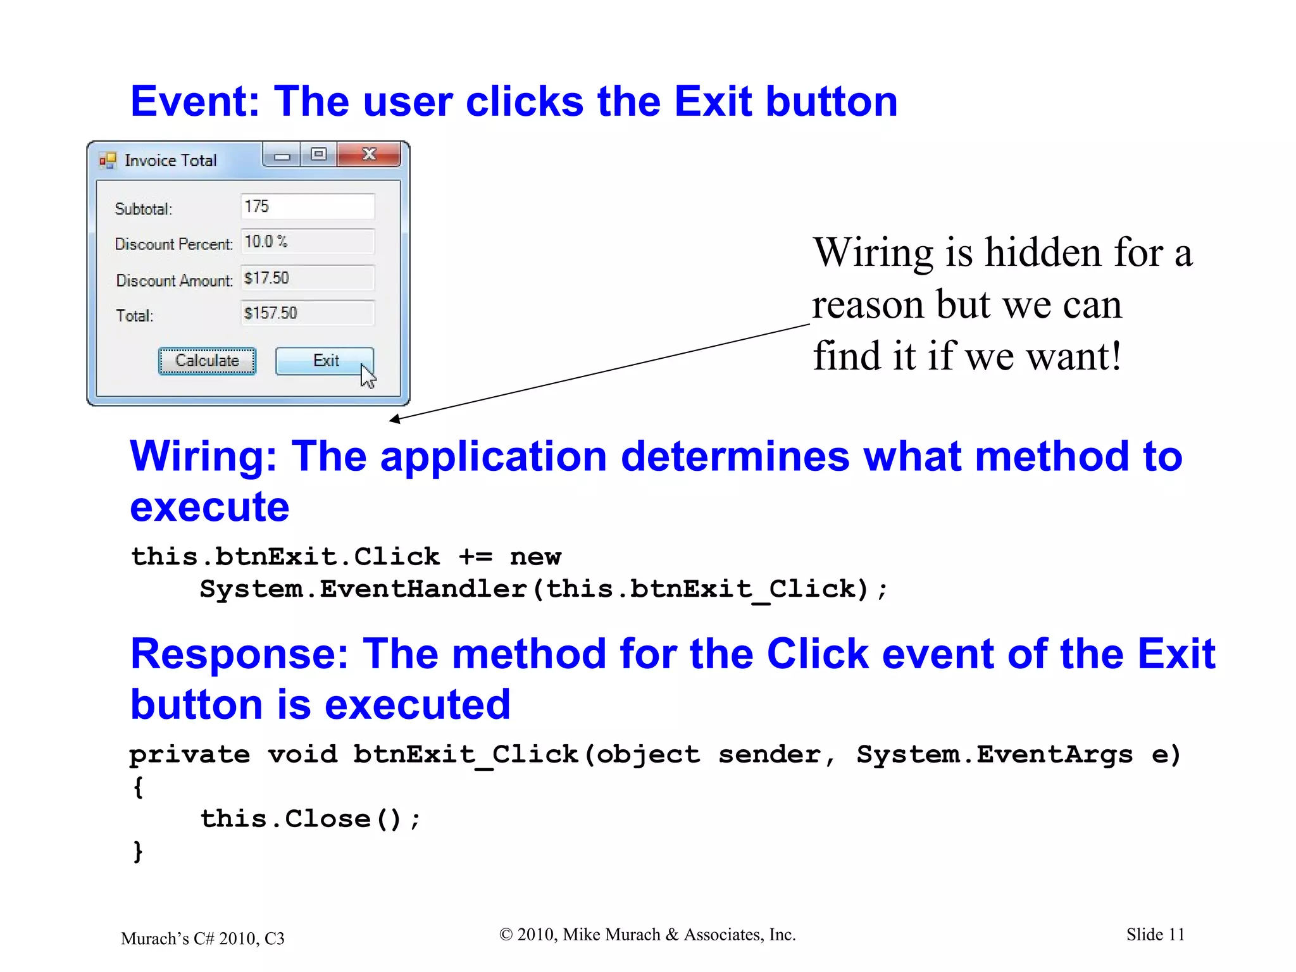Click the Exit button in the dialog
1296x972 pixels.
pos(324,361)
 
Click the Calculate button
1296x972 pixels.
pos(207,361)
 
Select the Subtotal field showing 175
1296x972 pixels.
pos(308,206)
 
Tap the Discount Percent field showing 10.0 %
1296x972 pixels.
pos(308,242)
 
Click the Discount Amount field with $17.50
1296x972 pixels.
pos(308,278)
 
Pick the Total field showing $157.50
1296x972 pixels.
pos(308,313)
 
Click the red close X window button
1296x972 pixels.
pos(369,154)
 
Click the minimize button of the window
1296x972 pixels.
pos(282,155)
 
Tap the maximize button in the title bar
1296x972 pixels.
pos(319,154)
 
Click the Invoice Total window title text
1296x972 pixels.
pos(170,160)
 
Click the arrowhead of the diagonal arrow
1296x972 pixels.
pos(394,419)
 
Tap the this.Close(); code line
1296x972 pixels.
pos(310,818)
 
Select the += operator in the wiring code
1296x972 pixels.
pos(475,557)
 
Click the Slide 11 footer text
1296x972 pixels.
pos(1155,935)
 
